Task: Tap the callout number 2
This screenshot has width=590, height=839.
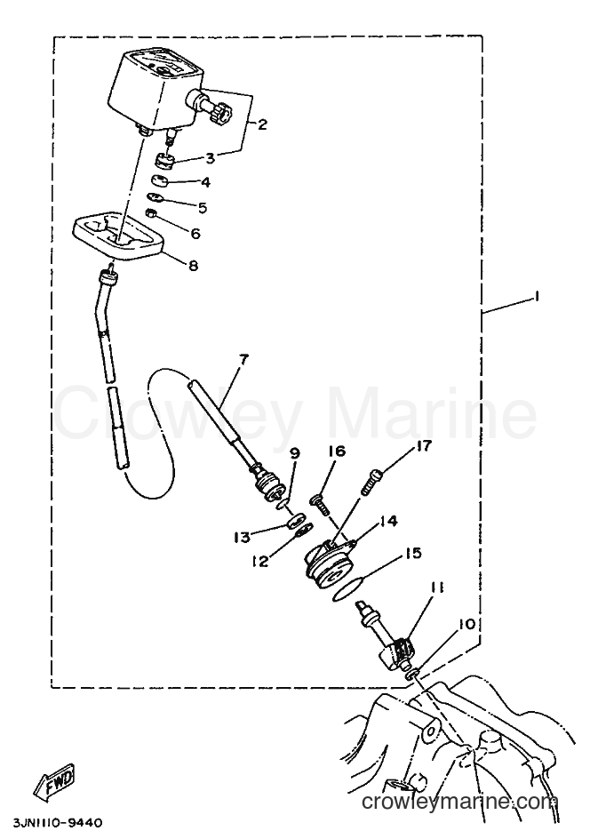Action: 261,124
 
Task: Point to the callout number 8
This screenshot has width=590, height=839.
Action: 193,265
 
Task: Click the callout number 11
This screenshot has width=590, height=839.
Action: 437,589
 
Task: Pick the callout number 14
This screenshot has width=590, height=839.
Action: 389,521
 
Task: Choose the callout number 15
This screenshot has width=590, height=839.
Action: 413,553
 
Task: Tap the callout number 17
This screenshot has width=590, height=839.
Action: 423,445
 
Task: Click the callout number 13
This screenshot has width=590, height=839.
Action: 243,536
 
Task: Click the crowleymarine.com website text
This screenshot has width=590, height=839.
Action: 459,802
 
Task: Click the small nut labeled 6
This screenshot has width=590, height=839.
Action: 151,213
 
